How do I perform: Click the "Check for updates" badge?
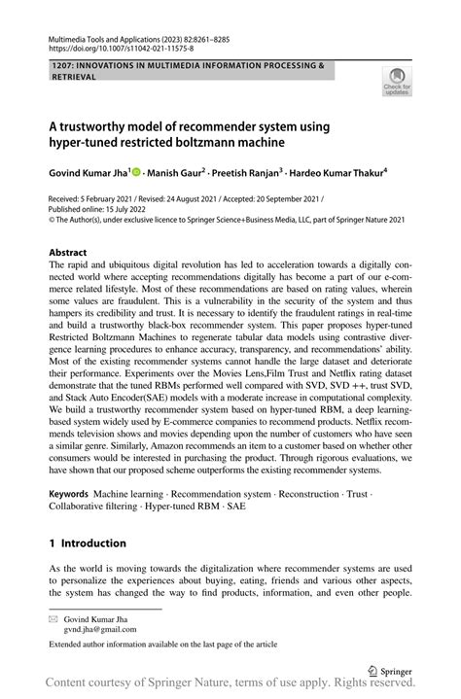(x=396, y=83)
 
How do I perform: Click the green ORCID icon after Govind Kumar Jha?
(x=135, y=173)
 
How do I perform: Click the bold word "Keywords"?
(x=76, y=495)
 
